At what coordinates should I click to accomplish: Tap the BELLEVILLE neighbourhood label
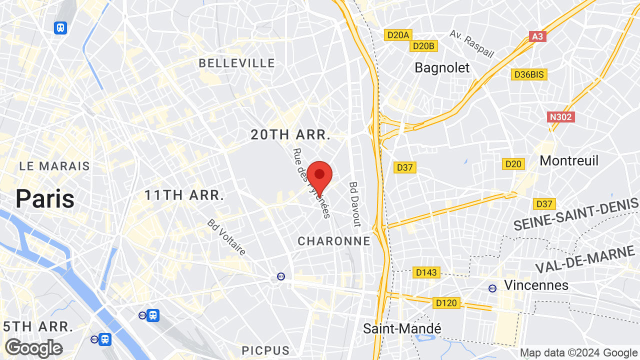pyautogui.click(x=237, y=63)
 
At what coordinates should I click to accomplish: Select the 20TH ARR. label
pyautogui.click(x=290, y=134)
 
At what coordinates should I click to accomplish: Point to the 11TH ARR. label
pyautogui.click(x=184, y=195)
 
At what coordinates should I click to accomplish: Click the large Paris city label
pyautogui.click(x=45, y=199)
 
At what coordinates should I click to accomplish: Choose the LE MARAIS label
pyautogui.click(x=54, y=166)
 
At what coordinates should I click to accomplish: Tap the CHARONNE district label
pyautogui.click(x=334, y=241)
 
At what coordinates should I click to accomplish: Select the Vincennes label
pyautogui.click(x=536, y=285)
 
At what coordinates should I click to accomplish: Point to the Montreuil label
pyautogui.click(x=569, y=160)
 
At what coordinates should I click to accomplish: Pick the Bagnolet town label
pyautogui.click(x=442, y=67)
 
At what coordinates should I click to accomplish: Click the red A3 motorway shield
pyautogui.click(x=537, y=36)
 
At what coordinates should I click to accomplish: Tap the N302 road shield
pyautogui.click(x=561, y=117)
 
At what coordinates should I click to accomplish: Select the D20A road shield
pyautogui.click(x=398, y=34)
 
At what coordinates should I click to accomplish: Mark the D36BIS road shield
pyautogui.click(x=529, y=74)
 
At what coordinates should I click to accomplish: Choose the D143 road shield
pyautogui.click(x=426, y=272)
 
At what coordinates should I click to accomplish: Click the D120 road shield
pyautogui.click(x=446, y=302)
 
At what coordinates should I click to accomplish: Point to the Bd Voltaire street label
pyautogui.click(x=227, y=237)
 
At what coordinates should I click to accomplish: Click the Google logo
pyautogui.click(x=33, y=348)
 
